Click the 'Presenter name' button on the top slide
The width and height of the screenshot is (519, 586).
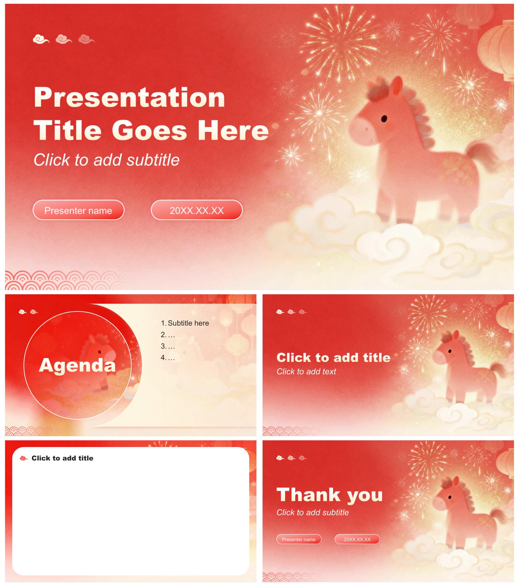pyautogui.click(x=78, y=210)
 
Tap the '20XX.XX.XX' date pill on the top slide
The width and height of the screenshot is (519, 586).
pyautogui.click(x=197, y=210)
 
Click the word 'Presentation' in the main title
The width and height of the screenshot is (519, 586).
pyautogui.click(x=129, y=97)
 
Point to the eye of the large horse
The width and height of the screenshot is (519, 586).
pyautogui.click(x=384, y=118)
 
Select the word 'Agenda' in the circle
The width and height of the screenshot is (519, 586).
pyautogui.click(x=77, y=365)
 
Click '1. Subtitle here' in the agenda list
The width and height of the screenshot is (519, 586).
pyautogui.click(x=185, y=323)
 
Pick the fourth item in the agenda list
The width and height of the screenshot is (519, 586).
pyautogui.click(x=168, y=357)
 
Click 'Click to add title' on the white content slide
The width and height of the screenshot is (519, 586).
pyautogui.click(x=62, y=458)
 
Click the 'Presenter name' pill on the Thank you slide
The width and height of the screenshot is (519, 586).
pyautogui.click(x=299, y=539)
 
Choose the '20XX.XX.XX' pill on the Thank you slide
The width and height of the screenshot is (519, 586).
pyautogui.click(x=357, y=539)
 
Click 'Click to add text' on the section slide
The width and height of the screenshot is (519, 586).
pyautogui.click(x=306, y=372)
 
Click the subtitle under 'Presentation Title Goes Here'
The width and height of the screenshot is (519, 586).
pyautogui.click(x=107, y=160)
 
